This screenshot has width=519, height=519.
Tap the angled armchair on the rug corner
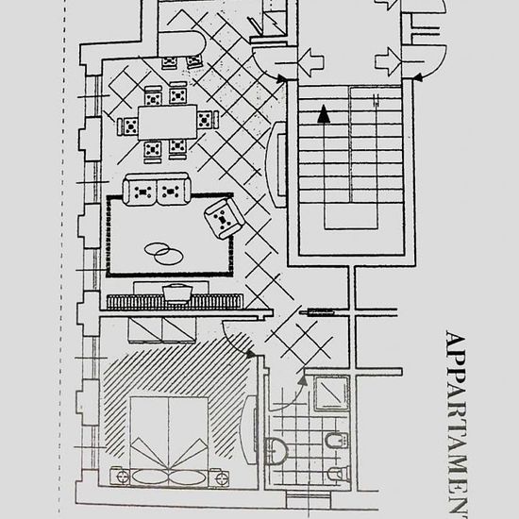(x=223, y=219)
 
